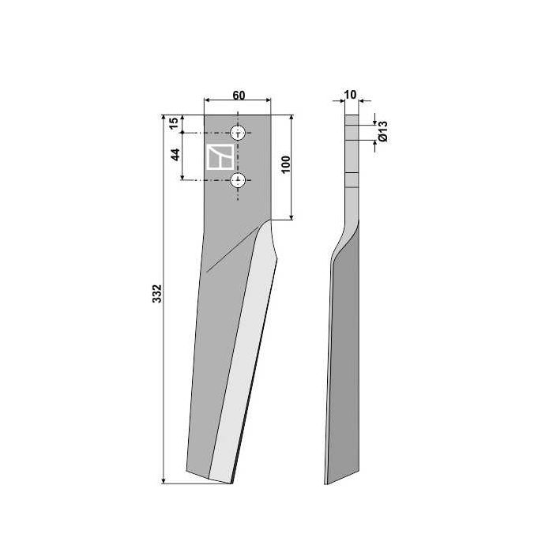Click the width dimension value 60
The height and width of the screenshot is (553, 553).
pyautogui.click(x=238, y=95)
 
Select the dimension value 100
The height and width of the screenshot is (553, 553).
pyautogui.click(x=286, y=164)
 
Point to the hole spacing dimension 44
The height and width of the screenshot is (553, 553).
pyautogui.click(x=176, y=153)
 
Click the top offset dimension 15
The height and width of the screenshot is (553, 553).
pyautogui.click(x=175, y=123)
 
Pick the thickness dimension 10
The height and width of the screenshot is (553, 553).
pyautogui.click(x=351, y=95)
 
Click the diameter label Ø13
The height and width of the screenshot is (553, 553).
pyautogui.click(x=382, y=132)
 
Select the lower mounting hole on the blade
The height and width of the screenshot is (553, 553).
pyautogui.click(x=238, y=180)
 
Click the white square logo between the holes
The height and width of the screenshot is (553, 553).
pyautogui.click(x=219, y=156)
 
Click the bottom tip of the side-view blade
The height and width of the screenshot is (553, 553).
pyautogui.click(x=327, y=483)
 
